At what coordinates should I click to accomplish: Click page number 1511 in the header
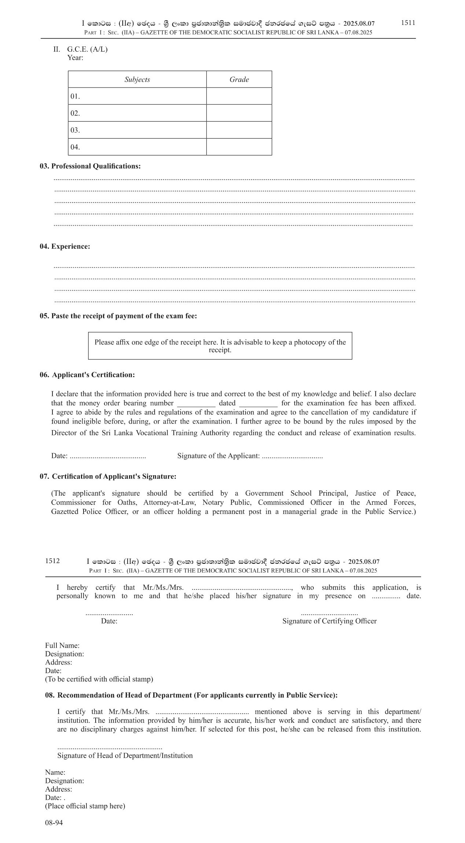click(x=408, y=23)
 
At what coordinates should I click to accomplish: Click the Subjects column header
click(x=137, y=80)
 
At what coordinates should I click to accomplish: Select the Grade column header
click(x=239, y=80)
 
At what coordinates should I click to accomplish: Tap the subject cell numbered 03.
click(x=137, y=130)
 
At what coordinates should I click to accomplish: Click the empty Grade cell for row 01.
click(x=239, y=96)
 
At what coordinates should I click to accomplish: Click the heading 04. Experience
click(x=65, y=247)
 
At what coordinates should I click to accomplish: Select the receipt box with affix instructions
click(x=220, y=346)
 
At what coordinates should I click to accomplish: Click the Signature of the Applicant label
click(x=218, y=456)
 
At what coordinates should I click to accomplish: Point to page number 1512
click(x=52, y=561)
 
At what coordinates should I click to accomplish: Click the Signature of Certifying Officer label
click(x=329, y=621)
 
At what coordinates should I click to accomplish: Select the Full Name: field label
click(x=62, y=646)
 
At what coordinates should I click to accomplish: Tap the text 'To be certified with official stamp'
click(x=99, y=679)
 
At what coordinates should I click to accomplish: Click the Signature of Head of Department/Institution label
click(x=125, y=755)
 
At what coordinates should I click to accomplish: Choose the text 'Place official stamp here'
click(x=85, y=806)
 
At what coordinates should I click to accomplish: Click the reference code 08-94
click(x=54, y=823)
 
